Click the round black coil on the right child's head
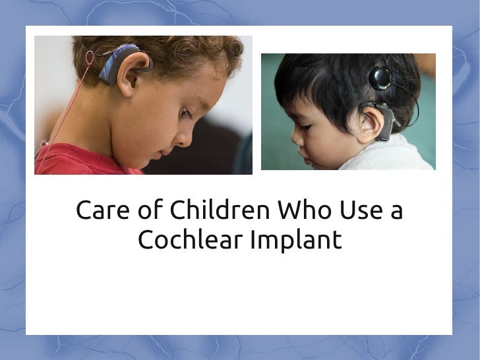[380, 78]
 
